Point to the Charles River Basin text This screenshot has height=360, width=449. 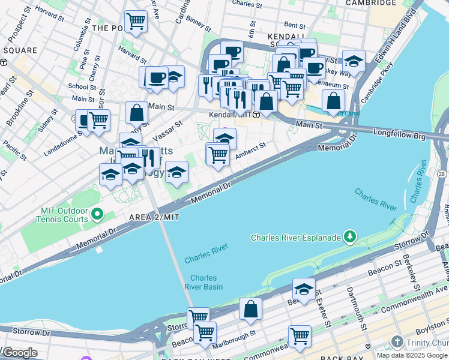[206, 282]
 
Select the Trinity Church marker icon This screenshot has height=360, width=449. [396, 342]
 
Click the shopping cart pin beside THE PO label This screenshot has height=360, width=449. [136, 22]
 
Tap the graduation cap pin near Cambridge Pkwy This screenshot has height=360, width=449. [354, 61]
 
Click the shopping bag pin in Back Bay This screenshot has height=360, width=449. [250, 310]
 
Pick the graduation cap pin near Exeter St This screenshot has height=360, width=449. [304, 289]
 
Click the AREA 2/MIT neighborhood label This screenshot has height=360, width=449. [154, 217]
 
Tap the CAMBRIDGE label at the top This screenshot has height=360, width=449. [371, 3]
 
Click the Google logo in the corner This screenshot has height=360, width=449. [20, 353]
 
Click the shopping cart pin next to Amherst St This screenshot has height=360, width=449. [217, 155]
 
